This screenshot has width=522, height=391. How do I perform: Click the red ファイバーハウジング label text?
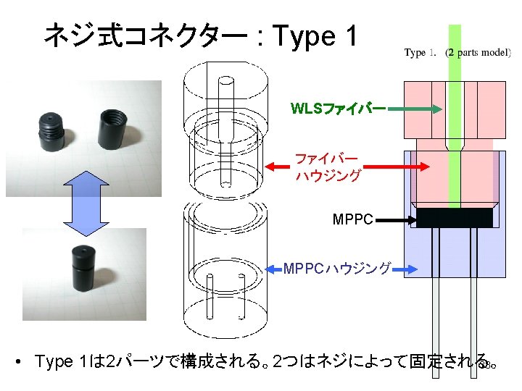326,167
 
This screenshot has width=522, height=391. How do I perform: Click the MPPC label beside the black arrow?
352,218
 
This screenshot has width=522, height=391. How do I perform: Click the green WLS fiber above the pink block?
455,51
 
